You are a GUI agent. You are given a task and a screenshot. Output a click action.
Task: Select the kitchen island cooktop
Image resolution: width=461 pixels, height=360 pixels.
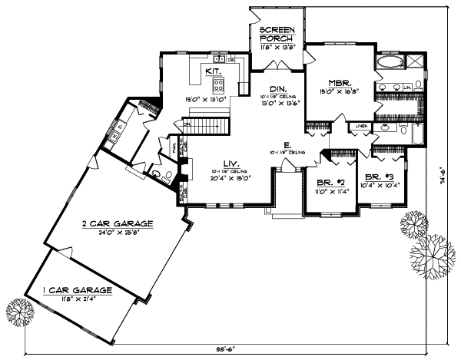pos(218,84)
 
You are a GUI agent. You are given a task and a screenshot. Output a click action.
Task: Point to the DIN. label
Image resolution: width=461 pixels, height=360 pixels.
pos(278,88)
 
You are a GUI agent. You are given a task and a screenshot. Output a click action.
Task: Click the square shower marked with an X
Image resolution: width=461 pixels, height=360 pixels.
pos(414,61)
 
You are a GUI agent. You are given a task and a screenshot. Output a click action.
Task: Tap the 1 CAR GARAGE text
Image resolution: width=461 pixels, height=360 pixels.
pos(78,290)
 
